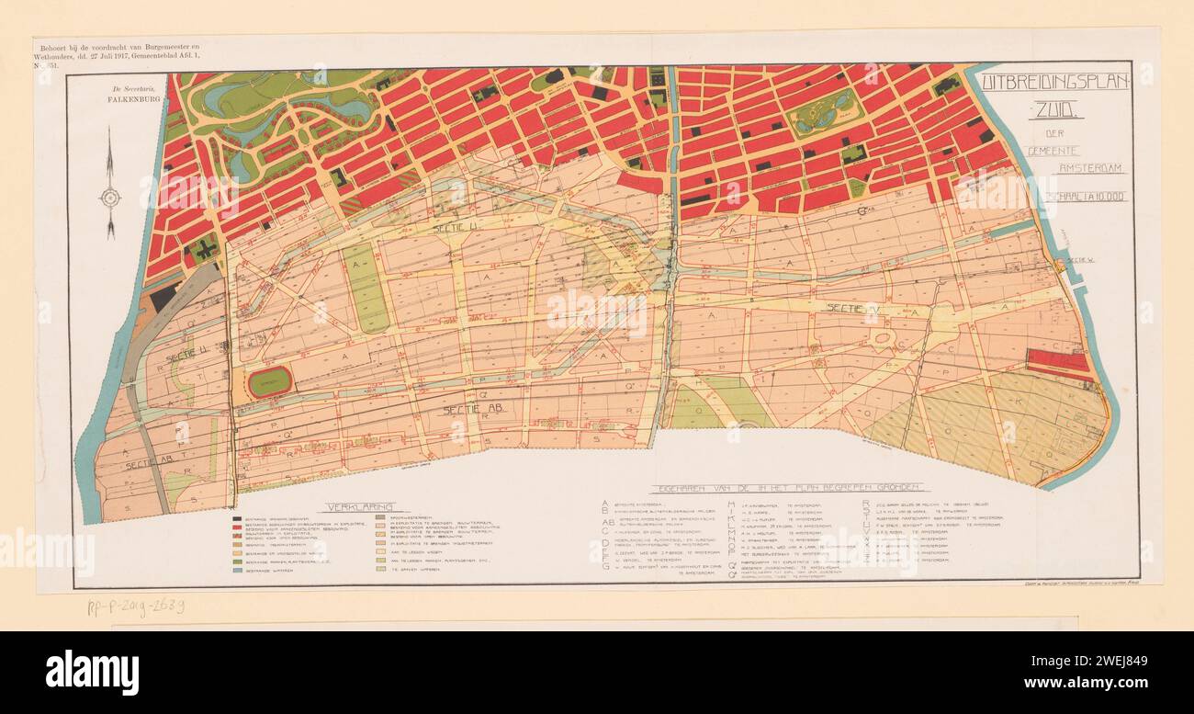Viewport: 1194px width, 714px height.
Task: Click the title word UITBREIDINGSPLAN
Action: coord(1054,81)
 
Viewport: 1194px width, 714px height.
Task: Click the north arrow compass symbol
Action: coord(110,196)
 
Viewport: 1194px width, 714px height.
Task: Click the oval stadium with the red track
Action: coord(269,380)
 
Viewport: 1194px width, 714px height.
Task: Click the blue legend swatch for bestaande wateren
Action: coord(238,571)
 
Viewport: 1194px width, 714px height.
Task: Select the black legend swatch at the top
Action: coord(238,516)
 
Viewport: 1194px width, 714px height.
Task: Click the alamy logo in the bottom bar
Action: coord(92,667)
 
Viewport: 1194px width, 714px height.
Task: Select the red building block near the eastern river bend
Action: coord(1056,360)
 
